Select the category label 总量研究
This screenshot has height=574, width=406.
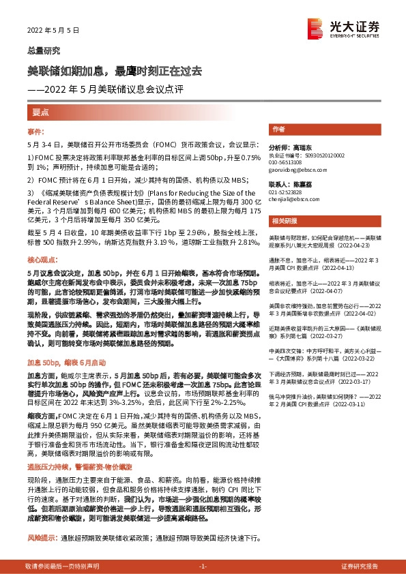click(x=44, y=50)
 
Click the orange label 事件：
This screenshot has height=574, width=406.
click(x=36, y=130)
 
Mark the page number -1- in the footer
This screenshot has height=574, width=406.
click(x=203, y=567)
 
